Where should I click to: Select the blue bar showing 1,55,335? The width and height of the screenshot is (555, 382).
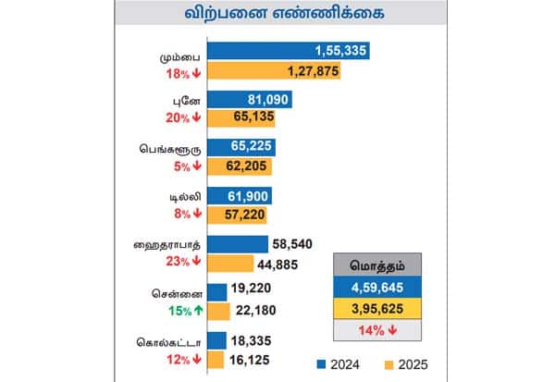point(289,50)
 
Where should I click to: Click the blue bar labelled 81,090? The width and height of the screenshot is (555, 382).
point(250,99)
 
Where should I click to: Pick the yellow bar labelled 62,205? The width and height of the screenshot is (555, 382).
point(243,166)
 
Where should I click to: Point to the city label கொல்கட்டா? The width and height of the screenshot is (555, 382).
point(170,338)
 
